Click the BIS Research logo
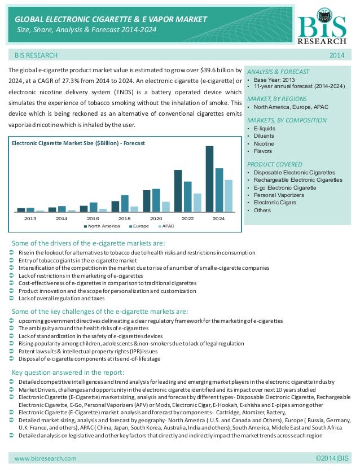326,26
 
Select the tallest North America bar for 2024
209,178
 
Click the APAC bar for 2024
228,195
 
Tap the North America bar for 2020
147,200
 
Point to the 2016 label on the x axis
93,218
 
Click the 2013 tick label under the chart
30,218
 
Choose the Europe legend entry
141,226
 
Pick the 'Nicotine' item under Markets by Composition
264,143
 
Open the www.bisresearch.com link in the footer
46,458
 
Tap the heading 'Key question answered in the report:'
68,373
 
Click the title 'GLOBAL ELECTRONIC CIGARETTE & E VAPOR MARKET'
111,20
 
